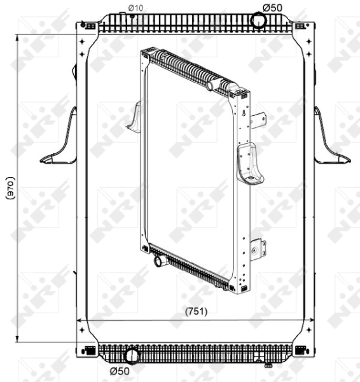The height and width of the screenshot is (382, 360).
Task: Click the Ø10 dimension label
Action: click(x=135, y=8)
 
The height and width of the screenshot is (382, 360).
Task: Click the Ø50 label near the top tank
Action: click(x=272, y=8)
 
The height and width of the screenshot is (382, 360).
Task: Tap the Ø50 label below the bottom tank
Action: click(x=120, y=371)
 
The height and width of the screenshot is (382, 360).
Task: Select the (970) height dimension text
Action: click(x=10, y=188)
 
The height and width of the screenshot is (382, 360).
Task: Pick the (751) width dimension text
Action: click(x=196, y=311)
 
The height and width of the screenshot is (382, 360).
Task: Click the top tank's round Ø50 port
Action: click(x=258, y=20)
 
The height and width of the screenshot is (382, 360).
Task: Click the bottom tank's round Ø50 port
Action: click(x=132, y=356)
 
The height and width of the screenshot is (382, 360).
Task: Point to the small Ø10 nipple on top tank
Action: click(x=132, y=16)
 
